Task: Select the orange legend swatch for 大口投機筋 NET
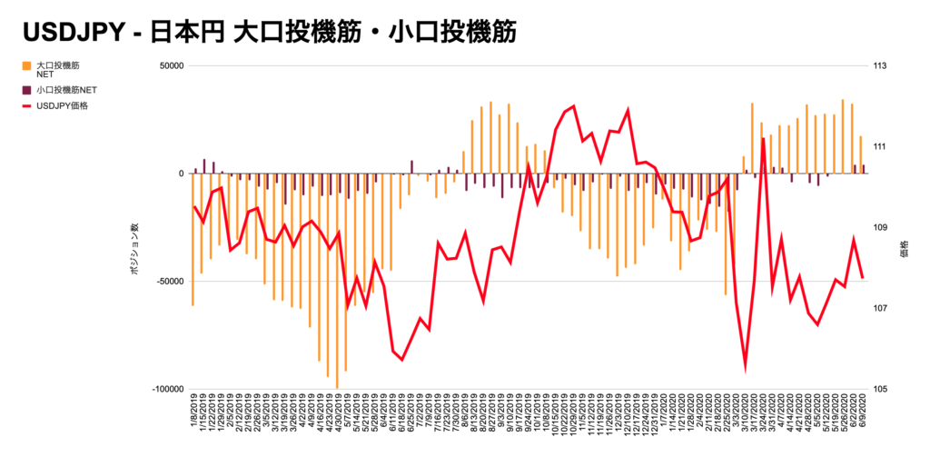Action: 27,66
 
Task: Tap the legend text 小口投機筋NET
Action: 67,90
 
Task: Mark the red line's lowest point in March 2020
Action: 746,367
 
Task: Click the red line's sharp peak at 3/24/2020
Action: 763,139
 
